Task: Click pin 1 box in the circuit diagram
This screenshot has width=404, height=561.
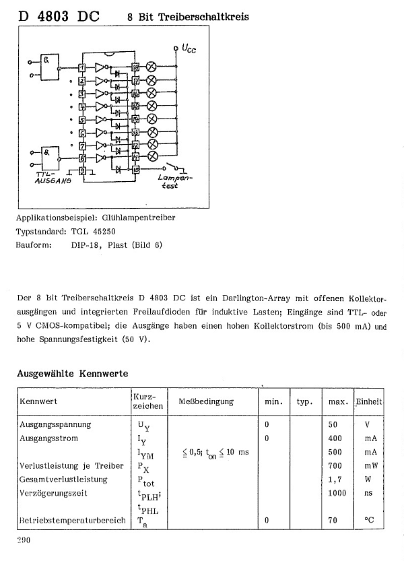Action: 82,67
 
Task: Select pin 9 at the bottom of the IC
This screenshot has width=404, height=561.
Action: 82,171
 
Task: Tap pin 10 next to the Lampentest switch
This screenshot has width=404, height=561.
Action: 135,169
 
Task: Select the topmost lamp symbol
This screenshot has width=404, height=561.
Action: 152,67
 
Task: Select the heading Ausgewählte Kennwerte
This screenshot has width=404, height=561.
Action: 72,372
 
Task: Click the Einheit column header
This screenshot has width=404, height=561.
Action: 369,401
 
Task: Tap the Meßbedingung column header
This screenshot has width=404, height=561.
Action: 206,401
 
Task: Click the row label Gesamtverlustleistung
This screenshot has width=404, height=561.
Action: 64,480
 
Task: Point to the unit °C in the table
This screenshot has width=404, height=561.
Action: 368,521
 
